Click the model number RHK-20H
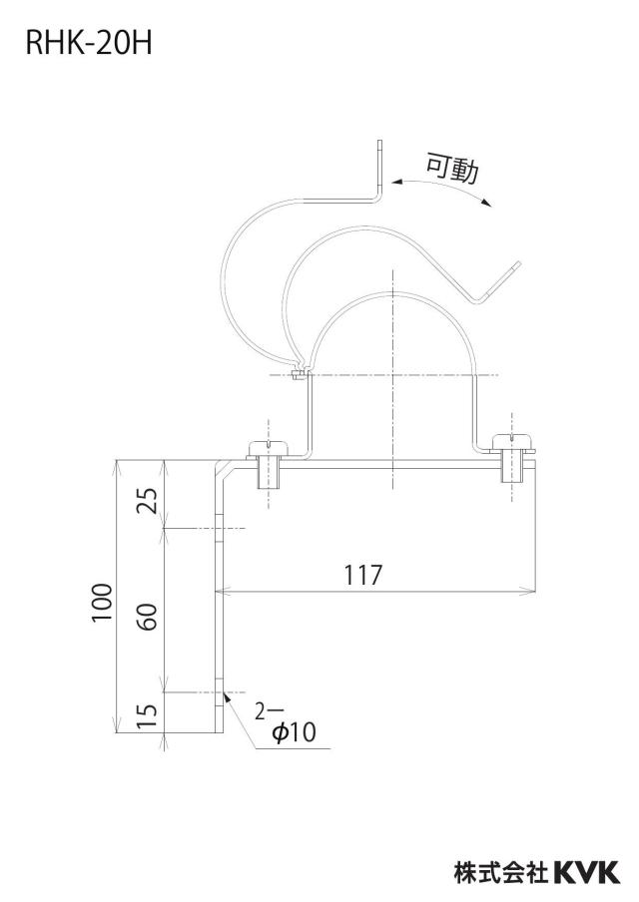89,44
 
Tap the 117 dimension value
363,575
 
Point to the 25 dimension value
149,500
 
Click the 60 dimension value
149,617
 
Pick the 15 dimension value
149,715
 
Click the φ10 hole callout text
294,732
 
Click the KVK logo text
586,872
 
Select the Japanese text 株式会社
501,872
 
